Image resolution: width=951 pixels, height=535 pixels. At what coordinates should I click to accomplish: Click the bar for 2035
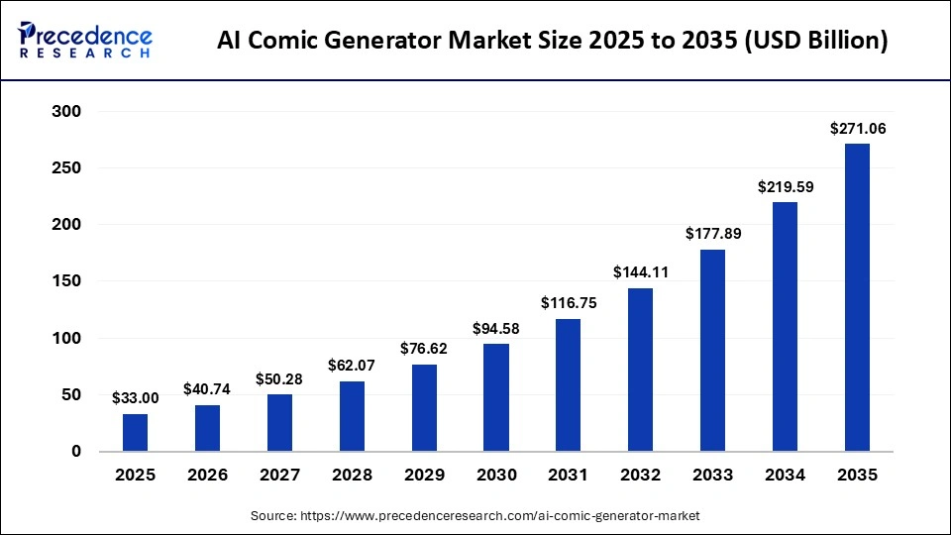857,297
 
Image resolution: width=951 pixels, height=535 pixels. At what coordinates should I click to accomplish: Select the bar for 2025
136,433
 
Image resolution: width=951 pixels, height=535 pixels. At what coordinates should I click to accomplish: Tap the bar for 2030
496,397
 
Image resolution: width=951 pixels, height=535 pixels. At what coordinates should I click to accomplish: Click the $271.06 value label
857,129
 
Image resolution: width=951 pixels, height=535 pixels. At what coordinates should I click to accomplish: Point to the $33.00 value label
136,398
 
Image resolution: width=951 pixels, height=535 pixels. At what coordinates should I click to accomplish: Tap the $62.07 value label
352,366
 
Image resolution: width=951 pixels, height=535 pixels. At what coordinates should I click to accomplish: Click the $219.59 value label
785,186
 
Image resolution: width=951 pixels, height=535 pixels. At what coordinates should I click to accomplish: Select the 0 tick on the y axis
75,452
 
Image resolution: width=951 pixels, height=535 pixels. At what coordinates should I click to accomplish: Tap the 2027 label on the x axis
280,476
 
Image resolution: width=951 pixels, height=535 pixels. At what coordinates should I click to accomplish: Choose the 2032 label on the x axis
641,476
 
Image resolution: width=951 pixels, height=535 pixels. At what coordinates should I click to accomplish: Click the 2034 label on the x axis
785,476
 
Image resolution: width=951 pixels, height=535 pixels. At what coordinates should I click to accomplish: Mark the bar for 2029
424,408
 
